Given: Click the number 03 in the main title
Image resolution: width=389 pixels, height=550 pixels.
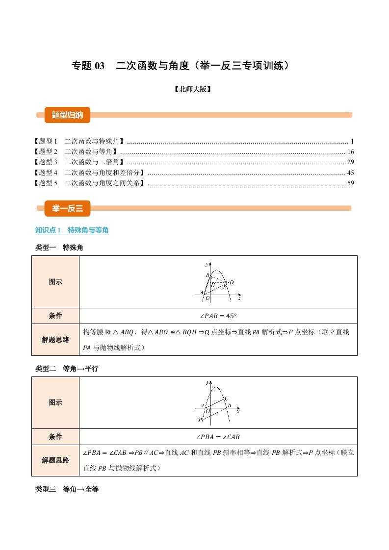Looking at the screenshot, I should [100, 66].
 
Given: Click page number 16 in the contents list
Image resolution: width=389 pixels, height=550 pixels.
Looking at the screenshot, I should [350, 151].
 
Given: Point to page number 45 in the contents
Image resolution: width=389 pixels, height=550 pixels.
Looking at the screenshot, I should [350, 173].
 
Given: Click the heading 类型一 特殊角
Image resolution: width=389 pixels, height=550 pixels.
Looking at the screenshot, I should [59, 248].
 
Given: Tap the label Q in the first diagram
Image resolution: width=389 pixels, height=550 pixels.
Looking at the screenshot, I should [232, 283].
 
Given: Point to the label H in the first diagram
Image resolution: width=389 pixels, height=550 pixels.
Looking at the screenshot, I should [213, 285].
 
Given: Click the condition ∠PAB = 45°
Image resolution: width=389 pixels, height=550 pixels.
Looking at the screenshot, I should [218, 316].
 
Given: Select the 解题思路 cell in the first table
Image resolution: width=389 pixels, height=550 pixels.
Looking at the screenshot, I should [55, 340].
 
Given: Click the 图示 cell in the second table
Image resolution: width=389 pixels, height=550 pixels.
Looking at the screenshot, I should [55, 402].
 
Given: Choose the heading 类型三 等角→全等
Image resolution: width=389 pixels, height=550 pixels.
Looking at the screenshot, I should [67, 489].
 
